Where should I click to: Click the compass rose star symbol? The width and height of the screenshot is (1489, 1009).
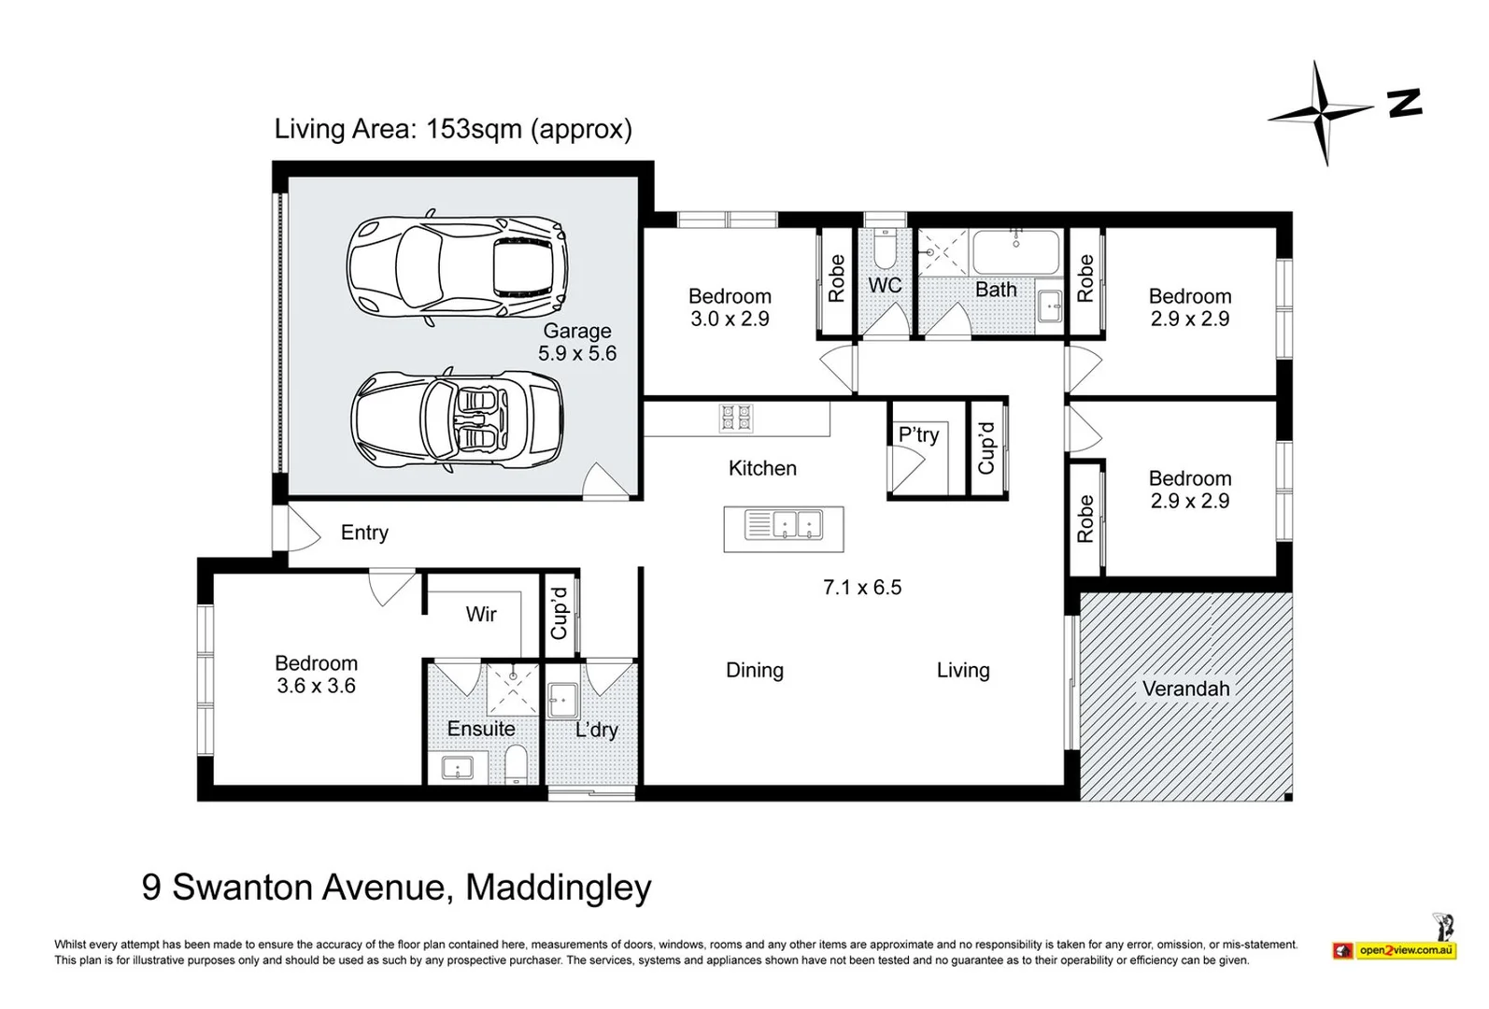tap(1321, 114)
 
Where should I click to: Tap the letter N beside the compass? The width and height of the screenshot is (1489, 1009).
tap(1404, 103)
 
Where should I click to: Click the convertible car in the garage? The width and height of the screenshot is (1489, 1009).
tap(458, 421)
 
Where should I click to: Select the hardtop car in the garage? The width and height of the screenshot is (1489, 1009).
tap(458, 269)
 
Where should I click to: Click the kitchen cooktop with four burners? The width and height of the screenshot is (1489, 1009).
tap(736, 417)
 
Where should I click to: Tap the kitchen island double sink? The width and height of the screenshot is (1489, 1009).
tap(784, 526)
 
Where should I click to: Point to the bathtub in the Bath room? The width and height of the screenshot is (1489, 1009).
tap(1016, 251)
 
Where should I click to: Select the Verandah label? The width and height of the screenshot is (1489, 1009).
tap(1185, 689)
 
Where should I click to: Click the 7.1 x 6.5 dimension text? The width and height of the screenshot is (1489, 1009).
tap(861, 588)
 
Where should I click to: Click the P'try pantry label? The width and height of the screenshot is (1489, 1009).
tap(918, 434)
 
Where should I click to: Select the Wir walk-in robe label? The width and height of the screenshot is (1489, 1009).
tap(481, 614)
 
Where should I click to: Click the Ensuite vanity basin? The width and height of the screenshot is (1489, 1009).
tap(457, 768)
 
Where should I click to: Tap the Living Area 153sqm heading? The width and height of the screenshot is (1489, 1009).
tap(453, 129)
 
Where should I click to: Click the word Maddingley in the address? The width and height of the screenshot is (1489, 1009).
tap(558, 887)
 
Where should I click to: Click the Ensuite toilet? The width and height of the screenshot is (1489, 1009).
tap(517, 765)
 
